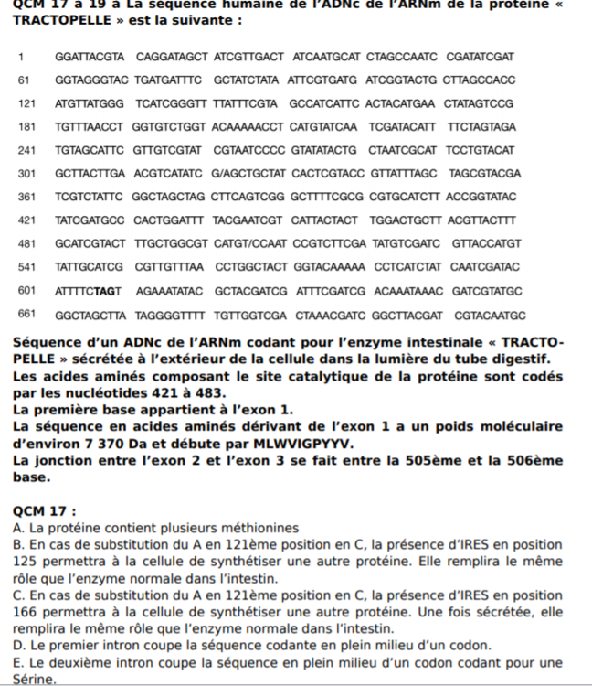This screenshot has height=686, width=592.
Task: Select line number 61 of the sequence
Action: tap(24, 80)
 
